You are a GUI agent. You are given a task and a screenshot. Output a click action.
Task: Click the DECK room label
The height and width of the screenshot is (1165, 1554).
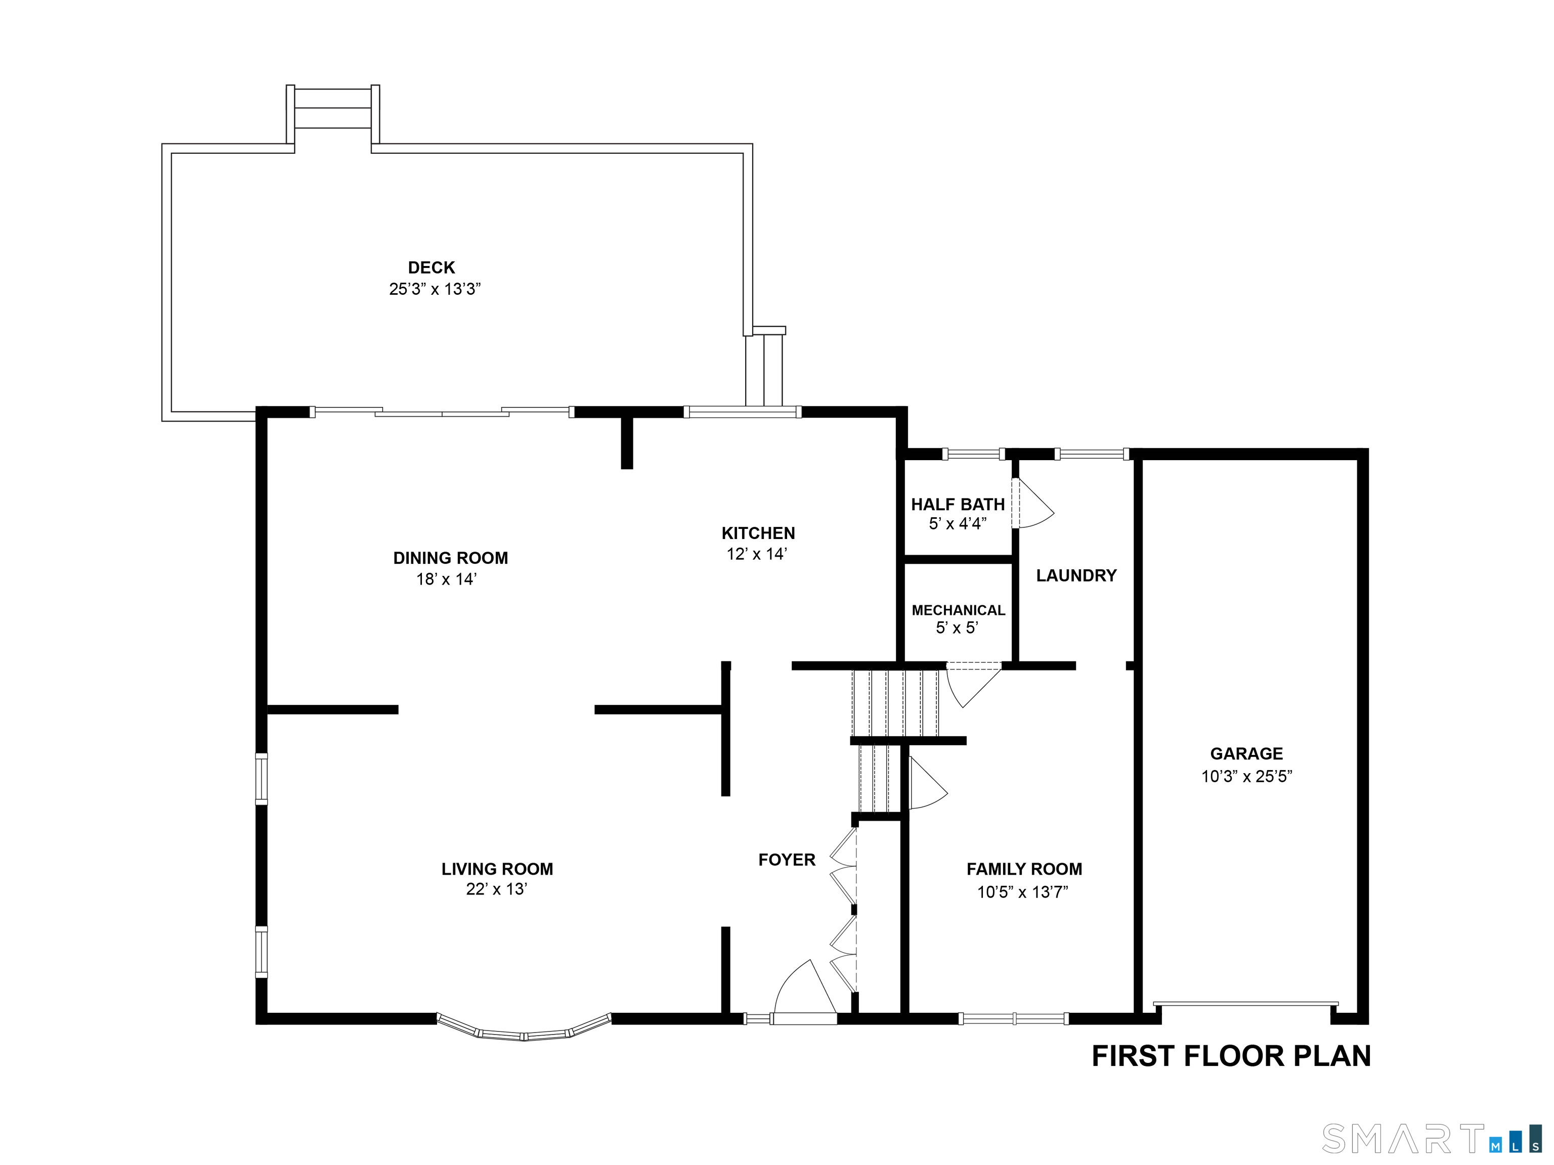point(431,267)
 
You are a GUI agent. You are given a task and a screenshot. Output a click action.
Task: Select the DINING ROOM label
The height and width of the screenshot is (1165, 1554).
point(450,558)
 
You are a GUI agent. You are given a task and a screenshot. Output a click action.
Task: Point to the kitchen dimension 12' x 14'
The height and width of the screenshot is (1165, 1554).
point(757,554)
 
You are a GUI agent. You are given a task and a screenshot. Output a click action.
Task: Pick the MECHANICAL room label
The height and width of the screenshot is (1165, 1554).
point(958,610)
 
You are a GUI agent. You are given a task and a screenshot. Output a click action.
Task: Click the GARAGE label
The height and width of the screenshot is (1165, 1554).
point(1246,753)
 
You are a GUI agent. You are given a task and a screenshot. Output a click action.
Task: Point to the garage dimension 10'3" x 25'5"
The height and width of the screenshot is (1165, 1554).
point(1246,776)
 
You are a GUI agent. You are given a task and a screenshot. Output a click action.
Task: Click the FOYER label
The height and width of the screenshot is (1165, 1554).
point(787,860)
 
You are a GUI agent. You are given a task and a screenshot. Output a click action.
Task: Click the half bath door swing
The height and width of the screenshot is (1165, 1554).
point(1033,503)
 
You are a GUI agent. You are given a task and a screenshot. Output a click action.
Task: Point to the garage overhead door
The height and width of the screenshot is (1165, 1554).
point(1245,1004)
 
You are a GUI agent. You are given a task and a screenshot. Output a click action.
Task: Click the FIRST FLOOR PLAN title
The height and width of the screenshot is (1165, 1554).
point(1231,1057)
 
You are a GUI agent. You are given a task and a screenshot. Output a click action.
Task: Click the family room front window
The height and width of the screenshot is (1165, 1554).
point(1014,1018)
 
